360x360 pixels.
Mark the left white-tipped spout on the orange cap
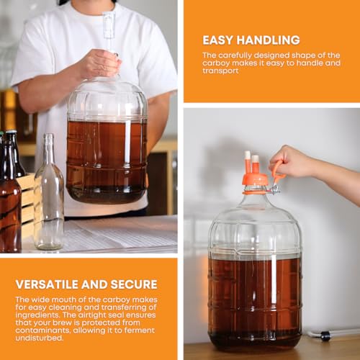[247, 159]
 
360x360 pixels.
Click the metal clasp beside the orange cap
[274, 189]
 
